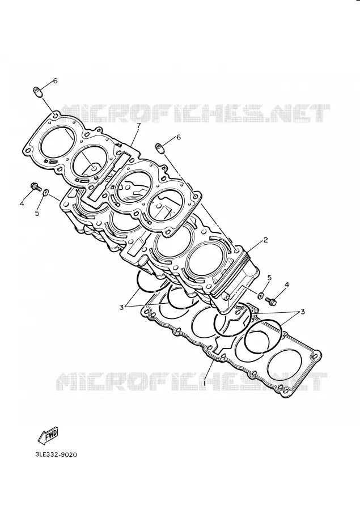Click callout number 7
138,126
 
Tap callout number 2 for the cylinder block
265,240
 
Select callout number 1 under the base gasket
205,383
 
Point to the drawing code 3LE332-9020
56,454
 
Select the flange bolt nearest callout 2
271,301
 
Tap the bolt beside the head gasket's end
35,186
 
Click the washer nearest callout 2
260,295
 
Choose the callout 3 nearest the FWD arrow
121,307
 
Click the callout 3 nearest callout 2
302,312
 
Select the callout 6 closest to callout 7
179,137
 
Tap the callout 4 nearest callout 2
286,285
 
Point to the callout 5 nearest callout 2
269,278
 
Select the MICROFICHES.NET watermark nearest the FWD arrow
192,381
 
